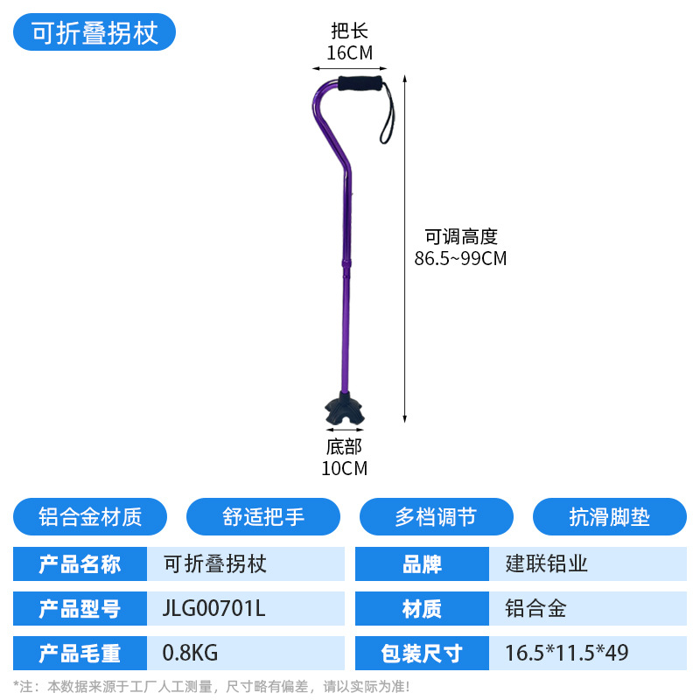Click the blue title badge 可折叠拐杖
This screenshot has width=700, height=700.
[95, 33]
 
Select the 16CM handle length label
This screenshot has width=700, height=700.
[349, 53]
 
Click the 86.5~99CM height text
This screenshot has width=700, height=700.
[460, 259]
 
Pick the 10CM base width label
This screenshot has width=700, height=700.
[344, 468]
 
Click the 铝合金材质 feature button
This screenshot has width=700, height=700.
[90, 517]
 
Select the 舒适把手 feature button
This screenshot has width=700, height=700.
[263, 517]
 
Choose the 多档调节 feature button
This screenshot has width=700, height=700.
[436, 517]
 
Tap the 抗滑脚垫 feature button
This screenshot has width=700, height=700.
[609, 517]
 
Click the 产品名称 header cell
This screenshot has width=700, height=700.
[80, 563]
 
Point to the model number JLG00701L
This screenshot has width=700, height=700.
[213, 609]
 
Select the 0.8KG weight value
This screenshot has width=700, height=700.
[190, 654]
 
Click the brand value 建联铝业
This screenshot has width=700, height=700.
[547, 563]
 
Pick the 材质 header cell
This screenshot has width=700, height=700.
[423, 609]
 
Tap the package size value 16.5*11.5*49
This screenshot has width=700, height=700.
[566, 654]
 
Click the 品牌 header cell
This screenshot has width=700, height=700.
[423, 563]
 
